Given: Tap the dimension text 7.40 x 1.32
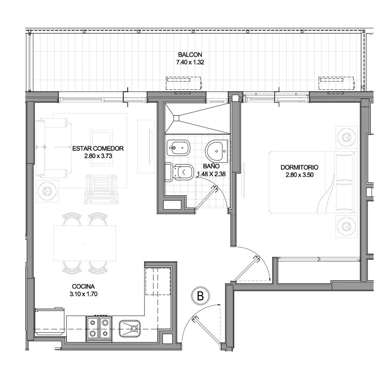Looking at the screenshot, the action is (190, 62).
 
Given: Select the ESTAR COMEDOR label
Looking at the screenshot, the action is (98, 148).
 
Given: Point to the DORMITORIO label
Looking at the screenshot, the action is (299, 167).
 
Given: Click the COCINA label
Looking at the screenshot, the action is (83, 286).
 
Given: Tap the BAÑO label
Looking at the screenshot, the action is (211, 166).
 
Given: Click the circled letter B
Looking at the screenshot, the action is (200, 296).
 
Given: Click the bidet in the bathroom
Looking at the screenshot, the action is (178, 148).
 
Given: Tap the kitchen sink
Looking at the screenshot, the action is (130, 328).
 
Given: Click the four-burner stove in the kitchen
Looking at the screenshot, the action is (99, 328).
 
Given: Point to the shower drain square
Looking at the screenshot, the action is (176, 118).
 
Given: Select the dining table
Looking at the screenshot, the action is (85, 243).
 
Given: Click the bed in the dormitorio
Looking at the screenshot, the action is (311, 182).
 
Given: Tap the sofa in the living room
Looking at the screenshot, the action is (54, 148).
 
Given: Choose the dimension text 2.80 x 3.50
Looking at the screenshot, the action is (300, 175).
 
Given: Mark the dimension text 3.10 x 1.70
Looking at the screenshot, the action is (83, 294).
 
